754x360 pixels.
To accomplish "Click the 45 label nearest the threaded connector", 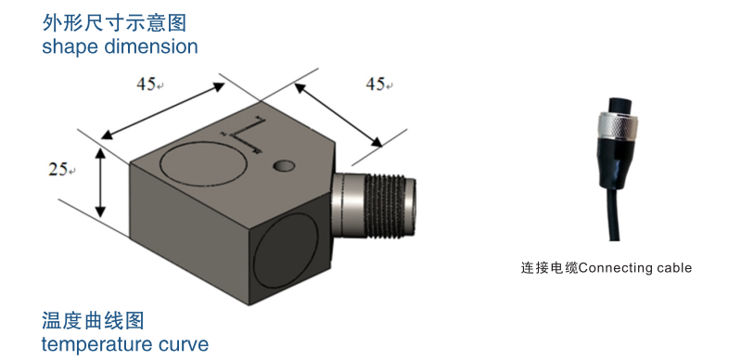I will pyautogui.click(x=375, y=84).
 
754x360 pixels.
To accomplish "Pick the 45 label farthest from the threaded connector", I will pyautogui.click(x=146, y=84).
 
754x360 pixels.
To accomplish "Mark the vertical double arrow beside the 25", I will pyautogui.click(x=100, y=184).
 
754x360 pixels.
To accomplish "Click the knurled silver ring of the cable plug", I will pyautogui.click(x=617, y=122).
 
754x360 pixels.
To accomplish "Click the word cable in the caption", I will pyautogui.click(x=673, y=268).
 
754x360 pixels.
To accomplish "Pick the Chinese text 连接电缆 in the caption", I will pyautogui.click(x=549, y=268).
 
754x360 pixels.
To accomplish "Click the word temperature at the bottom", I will pyautogui.click(x=105, y=345).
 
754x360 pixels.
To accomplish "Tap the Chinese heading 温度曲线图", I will pyautogui.click(x=93, y=322).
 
